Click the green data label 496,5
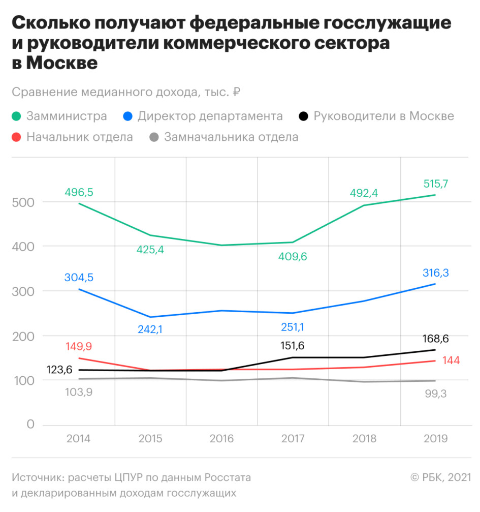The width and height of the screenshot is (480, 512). tap(79, 192)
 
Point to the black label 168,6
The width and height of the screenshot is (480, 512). tap(435, 339)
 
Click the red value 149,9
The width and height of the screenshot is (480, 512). tap(79, 347)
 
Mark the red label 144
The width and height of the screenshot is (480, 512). tap(451, 360)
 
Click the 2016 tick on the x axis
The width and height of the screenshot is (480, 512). tap(221, 439)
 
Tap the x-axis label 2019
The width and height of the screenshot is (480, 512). tap(436, 439)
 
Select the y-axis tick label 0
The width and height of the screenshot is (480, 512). tap(30, 425)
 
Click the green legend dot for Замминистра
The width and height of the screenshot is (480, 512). tap(17, 116)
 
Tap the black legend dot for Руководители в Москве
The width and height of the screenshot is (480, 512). tap(303, 116)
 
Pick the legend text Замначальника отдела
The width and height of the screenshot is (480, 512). tap(231, 137)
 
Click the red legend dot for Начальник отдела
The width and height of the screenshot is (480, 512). tap(17, 137)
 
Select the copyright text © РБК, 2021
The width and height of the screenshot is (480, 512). tap(440, 478)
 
